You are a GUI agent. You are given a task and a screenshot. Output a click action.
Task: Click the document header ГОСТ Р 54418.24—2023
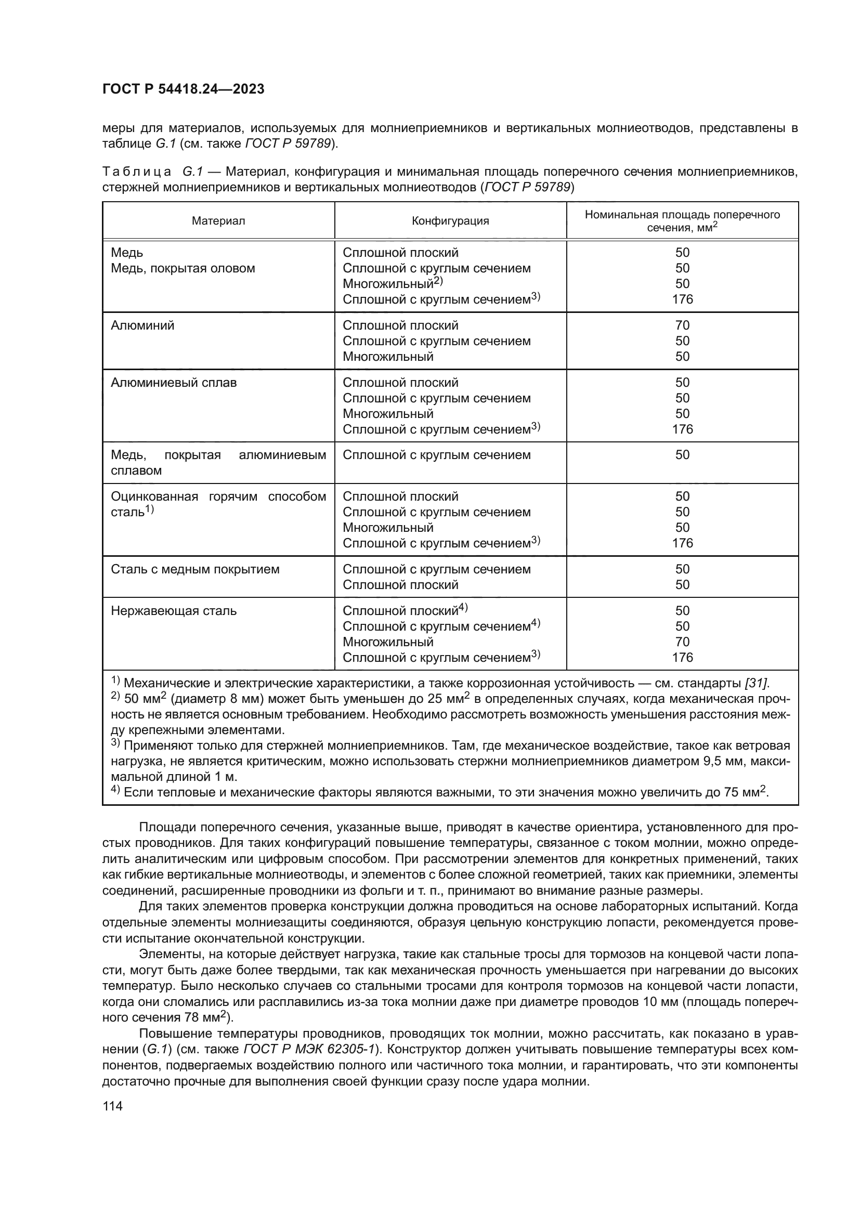pyautogui.click(x=183, y=89)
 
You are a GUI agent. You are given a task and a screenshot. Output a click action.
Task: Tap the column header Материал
pyautogui.click(x=218, y=221)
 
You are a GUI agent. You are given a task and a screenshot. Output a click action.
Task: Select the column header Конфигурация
pyautogui.click(x=450, y=221)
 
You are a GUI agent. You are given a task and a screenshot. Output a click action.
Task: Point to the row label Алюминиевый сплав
pyautogui.click(x=174, y=383)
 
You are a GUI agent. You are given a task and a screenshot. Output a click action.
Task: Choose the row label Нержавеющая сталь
pyautogui.click(x=174, y=611)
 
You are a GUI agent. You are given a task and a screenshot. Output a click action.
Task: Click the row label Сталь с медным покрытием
pyautogui.click(x=195, y=569)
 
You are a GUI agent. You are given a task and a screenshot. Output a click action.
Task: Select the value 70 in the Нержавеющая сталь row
pyautogui.click(x=682, y=642)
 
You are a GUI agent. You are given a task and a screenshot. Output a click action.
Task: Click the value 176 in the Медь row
pyautogui.click(x=682, y=299)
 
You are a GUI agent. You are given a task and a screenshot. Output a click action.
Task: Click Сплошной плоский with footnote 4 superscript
pyautogui.click(x=405, y=611)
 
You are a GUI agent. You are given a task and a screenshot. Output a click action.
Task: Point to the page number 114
pyautogui.click(x=112, y=1106)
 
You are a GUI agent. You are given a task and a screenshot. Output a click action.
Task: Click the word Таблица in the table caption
pyautogui.click(x=137, y=172)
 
